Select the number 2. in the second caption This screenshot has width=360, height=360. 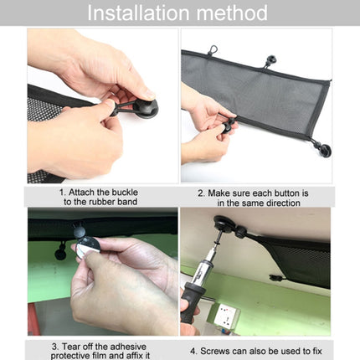[x=202, y=191]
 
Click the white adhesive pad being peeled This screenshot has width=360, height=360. [x=88, y=248]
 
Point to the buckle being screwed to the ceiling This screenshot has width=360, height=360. [x=227, y=225]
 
